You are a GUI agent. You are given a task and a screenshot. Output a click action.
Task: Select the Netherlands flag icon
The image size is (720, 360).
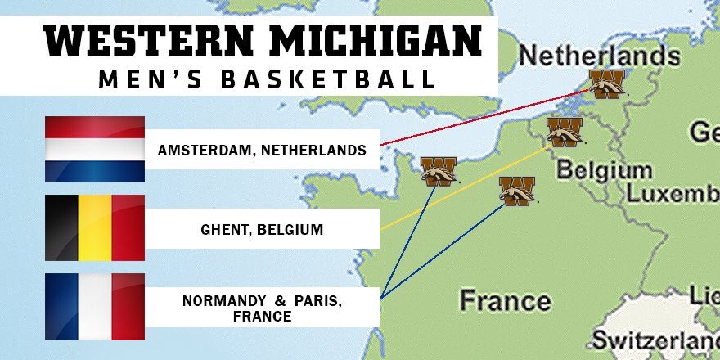point(94,149)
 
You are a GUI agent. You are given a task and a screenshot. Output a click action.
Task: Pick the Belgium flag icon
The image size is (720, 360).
point(94,227)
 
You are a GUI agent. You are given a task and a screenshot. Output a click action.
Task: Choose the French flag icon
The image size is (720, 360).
point(94,306)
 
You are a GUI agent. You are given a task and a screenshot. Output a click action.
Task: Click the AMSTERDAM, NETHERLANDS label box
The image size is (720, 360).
point(263,150)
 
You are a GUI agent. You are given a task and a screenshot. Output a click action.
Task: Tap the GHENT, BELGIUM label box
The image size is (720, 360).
point(263,229)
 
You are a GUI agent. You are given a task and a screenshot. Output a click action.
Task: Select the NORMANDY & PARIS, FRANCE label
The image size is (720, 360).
point(263,308)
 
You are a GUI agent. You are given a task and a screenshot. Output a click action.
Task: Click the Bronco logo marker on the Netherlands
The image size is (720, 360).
point(607,83)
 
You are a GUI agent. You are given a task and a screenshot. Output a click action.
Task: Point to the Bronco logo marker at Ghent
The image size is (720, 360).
point(565,131)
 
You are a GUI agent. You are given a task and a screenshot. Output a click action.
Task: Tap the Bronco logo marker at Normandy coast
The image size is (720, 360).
point(439,171)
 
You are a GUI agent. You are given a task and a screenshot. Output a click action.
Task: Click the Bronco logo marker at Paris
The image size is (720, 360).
point(517,191)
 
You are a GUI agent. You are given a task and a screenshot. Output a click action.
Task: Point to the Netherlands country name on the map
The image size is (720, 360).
point(600,56)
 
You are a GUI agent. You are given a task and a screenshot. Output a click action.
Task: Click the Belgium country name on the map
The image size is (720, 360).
point(604,171)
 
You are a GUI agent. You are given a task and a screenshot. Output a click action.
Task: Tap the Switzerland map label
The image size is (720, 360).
point(655,340)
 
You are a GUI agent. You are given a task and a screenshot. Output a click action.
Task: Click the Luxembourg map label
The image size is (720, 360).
point(673,194)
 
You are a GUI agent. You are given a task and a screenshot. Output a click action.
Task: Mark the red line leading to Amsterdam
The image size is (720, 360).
point(483,117)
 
